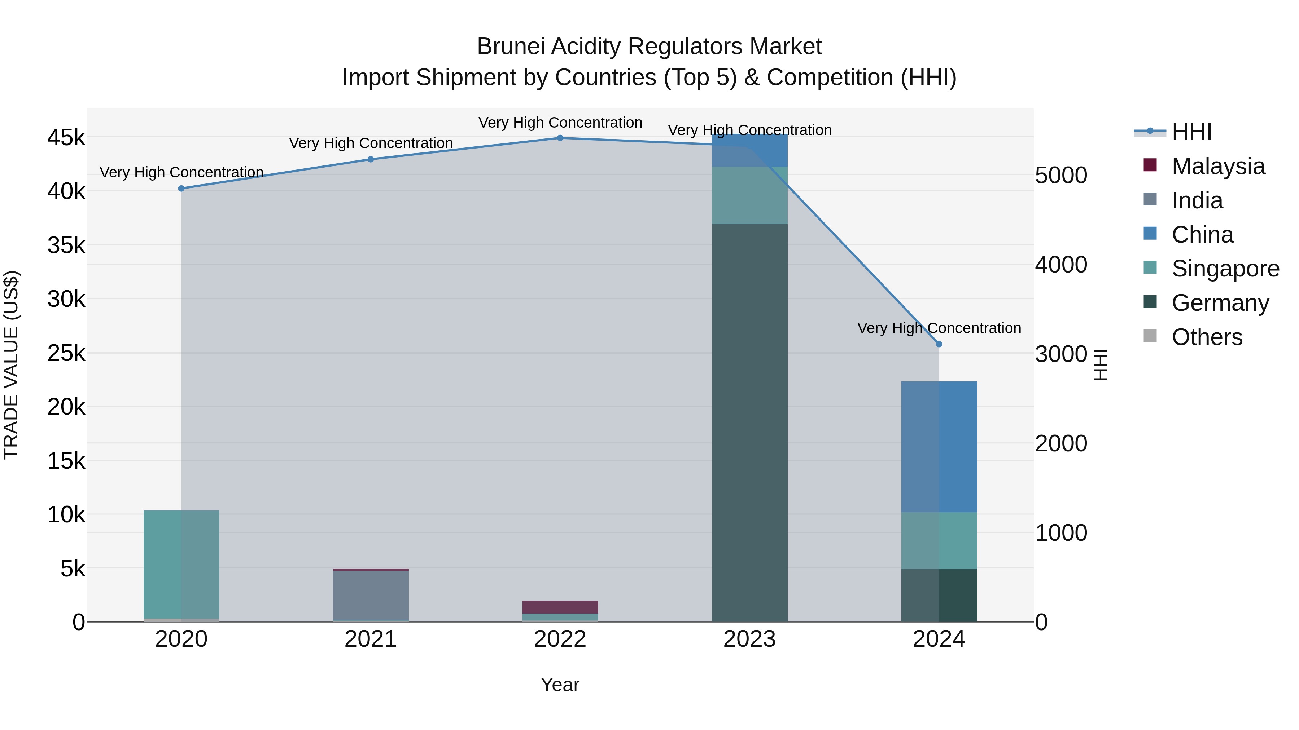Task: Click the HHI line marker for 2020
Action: point(181,189)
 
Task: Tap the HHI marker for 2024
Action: point(939,344)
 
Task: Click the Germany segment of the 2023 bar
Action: point(749,423)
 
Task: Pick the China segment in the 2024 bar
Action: point(939,447)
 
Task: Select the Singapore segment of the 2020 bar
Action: point(181,564)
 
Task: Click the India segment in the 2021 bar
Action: point(371,596)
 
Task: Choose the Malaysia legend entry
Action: point(1218,166)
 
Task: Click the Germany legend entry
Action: point(1220,303)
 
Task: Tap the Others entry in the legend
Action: point(1207,337)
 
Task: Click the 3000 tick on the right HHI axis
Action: point(1061,354)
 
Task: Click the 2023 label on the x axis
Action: point(749,639)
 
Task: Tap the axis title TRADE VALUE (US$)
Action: point(11,365)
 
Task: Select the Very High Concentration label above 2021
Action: point(371,143)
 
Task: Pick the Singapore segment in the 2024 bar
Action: point(939,541)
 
